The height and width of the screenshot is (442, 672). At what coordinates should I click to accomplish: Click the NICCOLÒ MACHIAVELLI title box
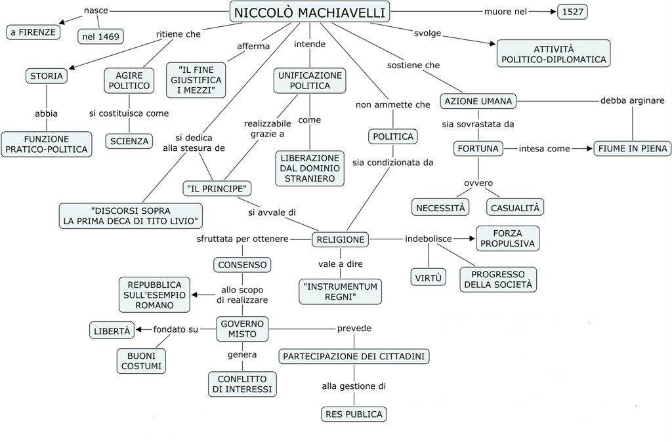(310, 11)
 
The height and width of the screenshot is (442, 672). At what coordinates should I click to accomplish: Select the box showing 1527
(573, 11)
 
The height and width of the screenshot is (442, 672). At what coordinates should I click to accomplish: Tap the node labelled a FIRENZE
(33, 31)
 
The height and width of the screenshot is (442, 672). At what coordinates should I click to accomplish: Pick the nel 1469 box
(101, 36)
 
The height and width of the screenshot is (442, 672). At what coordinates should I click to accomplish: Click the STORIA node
(47, 76)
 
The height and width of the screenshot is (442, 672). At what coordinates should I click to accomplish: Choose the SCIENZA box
(129, 141)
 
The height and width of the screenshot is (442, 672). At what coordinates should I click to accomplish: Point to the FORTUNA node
(477, 148)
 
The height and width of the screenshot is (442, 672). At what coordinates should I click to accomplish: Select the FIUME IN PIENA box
(632, 148)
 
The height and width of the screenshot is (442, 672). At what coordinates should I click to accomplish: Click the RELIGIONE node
(341, 239)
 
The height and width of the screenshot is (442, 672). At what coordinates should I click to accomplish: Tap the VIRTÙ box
(429, 277)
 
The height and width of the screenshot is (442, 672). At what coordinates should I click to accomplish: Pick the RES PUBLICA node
(354, 414)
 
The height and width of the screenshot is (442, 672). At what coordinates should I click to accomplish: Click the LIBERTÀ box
(112, 331)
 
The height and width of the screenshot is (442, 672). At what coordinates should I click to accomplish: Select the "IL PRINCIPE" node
(217, 189)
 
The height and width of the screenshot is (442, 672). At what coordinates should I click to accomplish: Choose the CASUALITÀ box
(515, 207)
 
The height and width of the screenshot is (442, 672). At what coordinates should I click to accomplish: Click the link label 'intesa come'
(544, 148)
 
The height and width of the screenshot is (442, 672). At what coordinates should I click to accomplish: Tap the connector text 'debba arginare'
(632, 100)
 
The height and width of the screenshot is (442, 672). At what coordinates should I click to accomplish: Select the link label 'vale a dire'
(340, 264)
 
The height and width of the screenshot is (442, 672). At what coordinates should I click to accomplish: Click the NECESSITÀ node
(442, 207)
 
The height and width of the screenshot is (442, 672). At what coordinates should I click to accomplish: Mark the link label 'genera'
(242, 355)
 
